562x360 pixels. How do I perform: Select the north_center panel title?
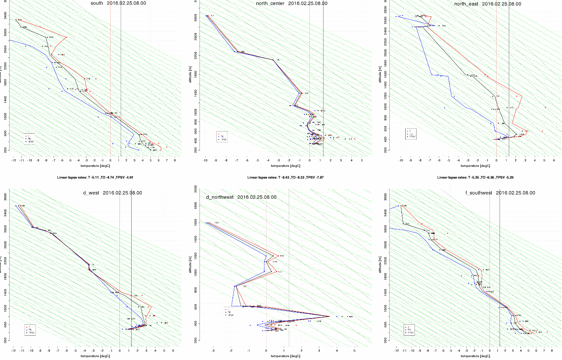pyautogui.click(x=292, y=3)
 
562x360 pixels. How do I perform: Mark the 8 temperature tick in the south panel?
pyautogui.click(x=174, y=160)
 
